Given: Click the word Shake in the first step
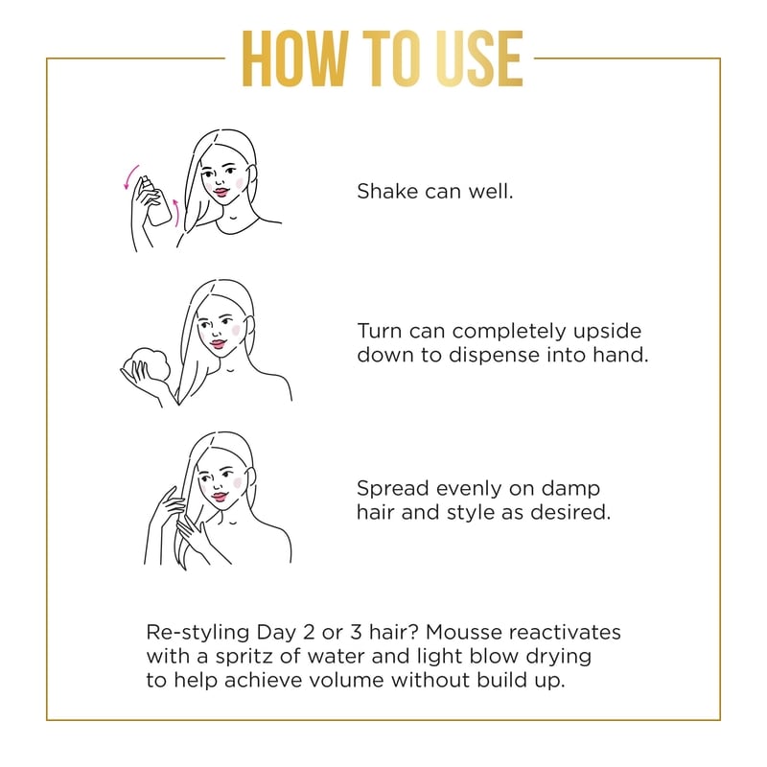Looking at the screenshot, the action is pos(387,191).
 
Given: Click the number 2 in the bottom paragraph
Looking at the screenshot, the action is pos(309,632).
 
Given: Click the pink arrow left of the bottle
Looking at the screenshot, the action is pos(130,177).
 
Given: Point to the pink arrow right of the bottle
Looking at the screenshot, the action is pos(176,213).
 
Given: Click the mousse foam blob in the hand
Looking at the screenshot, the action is pos(147,364).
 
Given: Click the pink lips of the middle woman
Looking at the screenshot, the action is pos(219,344).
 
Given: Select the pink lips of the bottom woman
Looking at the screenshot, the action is pos(220,497).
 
